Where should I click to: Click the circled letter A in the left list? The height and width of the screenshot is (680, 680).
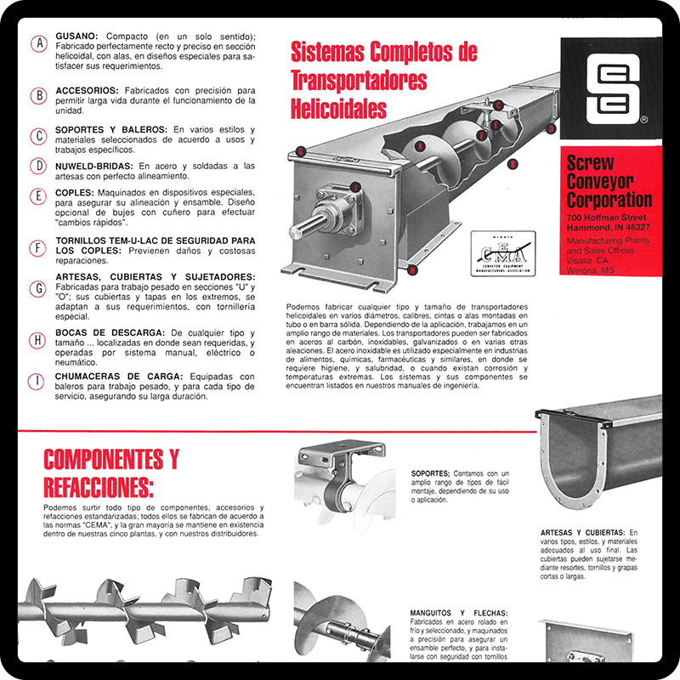[37, 43]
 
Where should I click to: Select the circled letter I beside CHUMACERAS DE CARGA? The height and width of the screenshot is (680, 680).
[37, 381]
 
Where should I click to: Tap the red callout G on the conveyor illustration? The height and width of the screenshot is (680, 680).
[301, 152]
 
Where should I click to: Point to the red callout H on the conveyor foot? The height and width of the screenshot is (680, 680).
[412, 270]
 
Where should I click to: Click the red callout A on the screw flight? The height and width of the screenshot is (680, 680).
[419, 146]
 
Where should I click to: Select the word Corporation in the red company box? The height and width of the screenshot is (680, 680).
[609, 200]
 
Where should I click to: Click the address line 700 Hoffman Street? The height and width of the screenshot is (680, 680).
[609, 218]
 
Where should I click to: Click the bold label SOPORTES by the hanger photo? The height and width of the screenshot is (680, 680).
[429, 473]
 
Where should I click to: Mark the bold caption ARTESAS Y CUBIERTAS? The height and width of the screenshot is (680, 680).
[582, 532]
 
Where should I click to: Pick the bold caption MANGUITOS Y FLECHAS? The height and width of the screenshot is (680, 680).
[458, 613]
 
